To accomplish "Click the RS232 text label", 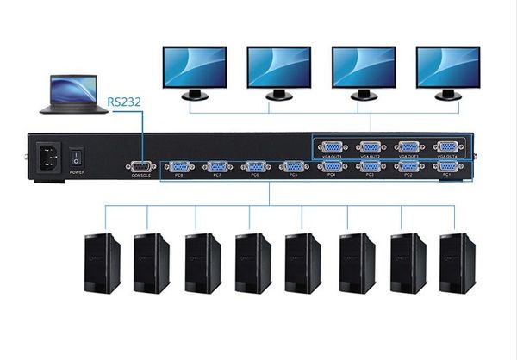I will click(x=123, y=100).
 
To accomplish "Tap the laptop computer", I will click(x=72, y=94).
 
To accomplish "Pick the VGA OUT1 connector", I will click(x=332, y=147).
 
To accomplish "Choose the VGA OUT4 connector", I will click(x=446, y=147).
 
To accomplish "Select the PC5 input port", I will click(x=293, y=166).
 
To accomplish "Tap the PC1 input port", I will click(x=446, y=165).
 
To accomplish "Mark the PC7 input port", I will click(x=217, y=166).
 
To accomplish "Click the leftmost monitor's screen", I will click(x=195, y=66).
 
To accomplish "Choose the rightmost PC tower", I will click(x=457, y=262).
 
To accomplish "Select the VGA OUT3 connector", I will click(x=408, y=147).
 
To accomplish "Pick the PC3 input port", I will click(x=371, y=165).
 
